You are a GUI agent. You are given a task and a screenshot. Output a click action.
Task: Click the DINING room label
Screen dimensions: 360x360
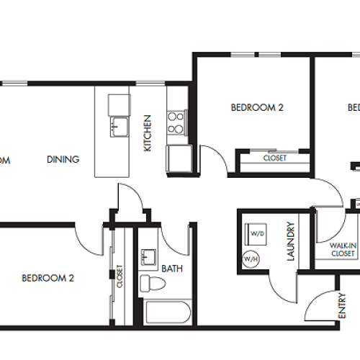coord(63,159)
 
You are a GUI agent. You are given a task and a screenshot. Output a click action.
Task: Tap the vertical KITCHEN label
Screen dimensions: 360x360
coord(147,133)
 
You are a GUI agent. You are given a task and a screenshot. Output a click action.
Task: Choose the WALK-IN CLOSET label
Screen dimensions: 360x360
coord(342,250)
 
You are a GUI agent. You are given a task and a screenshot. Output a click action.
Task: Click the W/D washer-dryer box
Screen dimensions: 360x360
coord(256,233)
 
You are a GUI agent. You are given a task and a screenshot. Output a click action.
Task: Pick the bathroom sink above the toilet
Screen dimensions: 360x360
coord(150,257)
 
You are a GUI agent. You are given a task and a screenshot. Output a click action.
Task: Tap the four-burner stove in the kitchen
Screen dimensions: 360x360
coord(176,124)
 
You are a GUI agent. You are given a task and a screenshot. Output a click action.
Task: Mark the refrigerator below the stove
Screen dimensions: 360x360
coord(178,157)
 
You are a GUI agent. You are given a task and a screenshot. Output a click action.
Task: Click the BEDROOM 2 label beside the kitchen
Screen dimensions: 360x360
coord(257,108)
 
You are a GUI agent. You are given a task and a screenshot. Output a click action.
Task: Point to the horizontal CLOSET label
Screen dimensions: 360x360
coord(274,158)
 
